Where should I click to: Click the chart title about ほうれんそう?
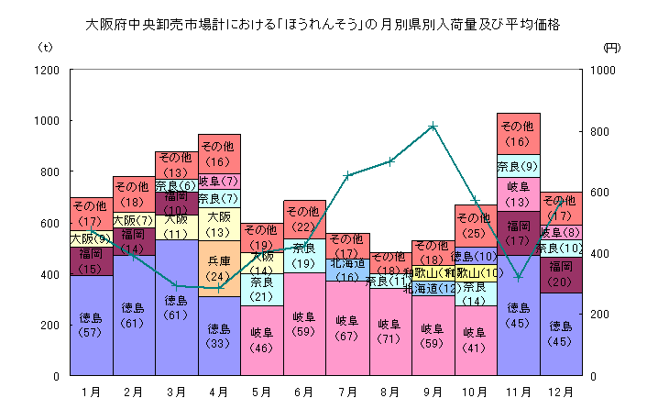coord(323,25)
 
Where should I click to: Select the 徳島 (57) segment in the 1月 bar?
coord(91,326)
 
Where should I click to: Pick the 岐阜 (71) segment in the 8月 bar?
coord(389,331)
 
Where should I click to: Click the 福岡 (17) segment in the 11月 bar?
coord(518,232)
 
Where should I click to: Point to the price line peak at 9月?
coord(433,126)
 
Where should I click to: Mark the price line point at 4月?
coord(218,288)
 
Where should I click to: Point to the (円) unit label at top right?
coord(612,46)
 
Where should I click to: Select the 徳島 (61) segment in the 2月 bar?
coord(133,315)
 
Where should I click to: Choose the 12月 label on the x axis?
coord(561,392)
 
